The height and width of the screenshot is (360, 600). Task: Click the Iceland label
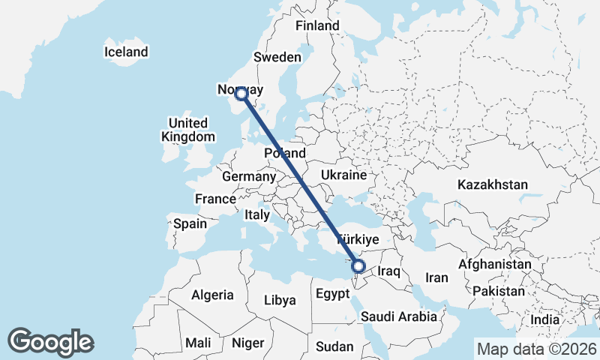click(x=126, y=52)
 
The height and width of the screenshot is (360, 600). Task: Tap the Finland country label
click(x=317, y=25)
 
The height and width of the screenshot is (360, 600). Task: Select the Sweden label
click(x=277, y=58)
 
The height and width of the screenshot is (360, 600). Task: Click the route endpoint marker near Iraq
click(x=358, y=265)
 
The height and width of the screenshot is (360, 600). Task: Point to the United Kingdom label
click(x=188, y=130)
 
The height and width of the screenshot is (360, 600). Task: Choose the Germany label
click(x=250, y=177)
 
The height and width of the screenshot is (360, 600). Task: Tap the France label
click(x=216, y=199)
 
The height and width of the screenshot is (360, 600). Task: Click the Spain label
click(x=190, y=223)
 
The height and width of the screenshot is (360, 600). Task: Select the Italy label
click(x=256, y=215)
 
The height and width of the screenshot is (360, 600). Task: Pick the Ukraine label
click(x=343, y=175)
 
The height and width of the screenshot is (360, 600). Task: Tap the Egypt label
click(x=331, y=292)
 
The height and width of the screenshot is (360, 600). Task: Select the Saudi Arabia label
click(x=399, y=316)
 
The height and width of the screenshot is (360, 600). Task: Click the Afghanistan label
click(x=494, y=265)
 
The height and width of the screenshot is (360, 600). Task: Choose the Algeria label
click(x=212, y=295)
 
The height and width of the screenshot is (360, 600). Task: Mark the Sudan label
click(x=334, y=346)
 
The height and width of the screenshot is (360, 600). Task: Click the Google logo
click(x=50, y=342)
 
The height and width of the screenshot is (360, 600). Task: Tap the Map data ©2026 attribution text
click(x=536, y=349)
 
